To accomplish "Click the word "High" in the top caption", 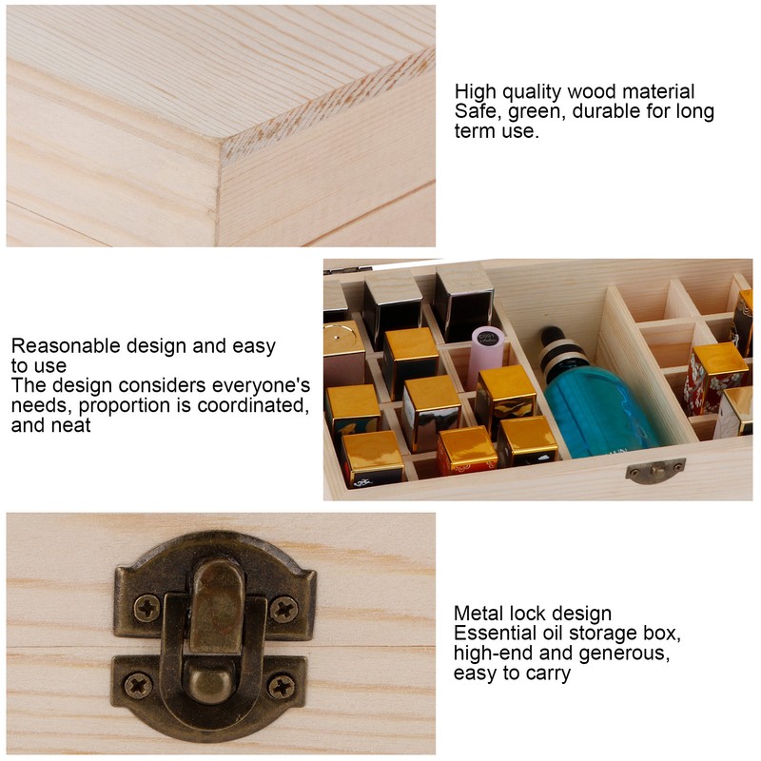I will pyautogui.click(x=475, y=92).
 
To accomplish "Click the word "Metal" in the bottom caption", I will pyautogui.click(x=479, y=614).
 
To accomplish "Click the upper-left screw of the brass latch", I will pyautogui.click(x=146, y=608).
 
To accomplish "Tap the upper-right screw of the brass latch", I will pyautogui.click(x=283, y=608).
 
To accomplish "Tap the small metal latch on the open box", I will pyautogui.click(x=654, y=470).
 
